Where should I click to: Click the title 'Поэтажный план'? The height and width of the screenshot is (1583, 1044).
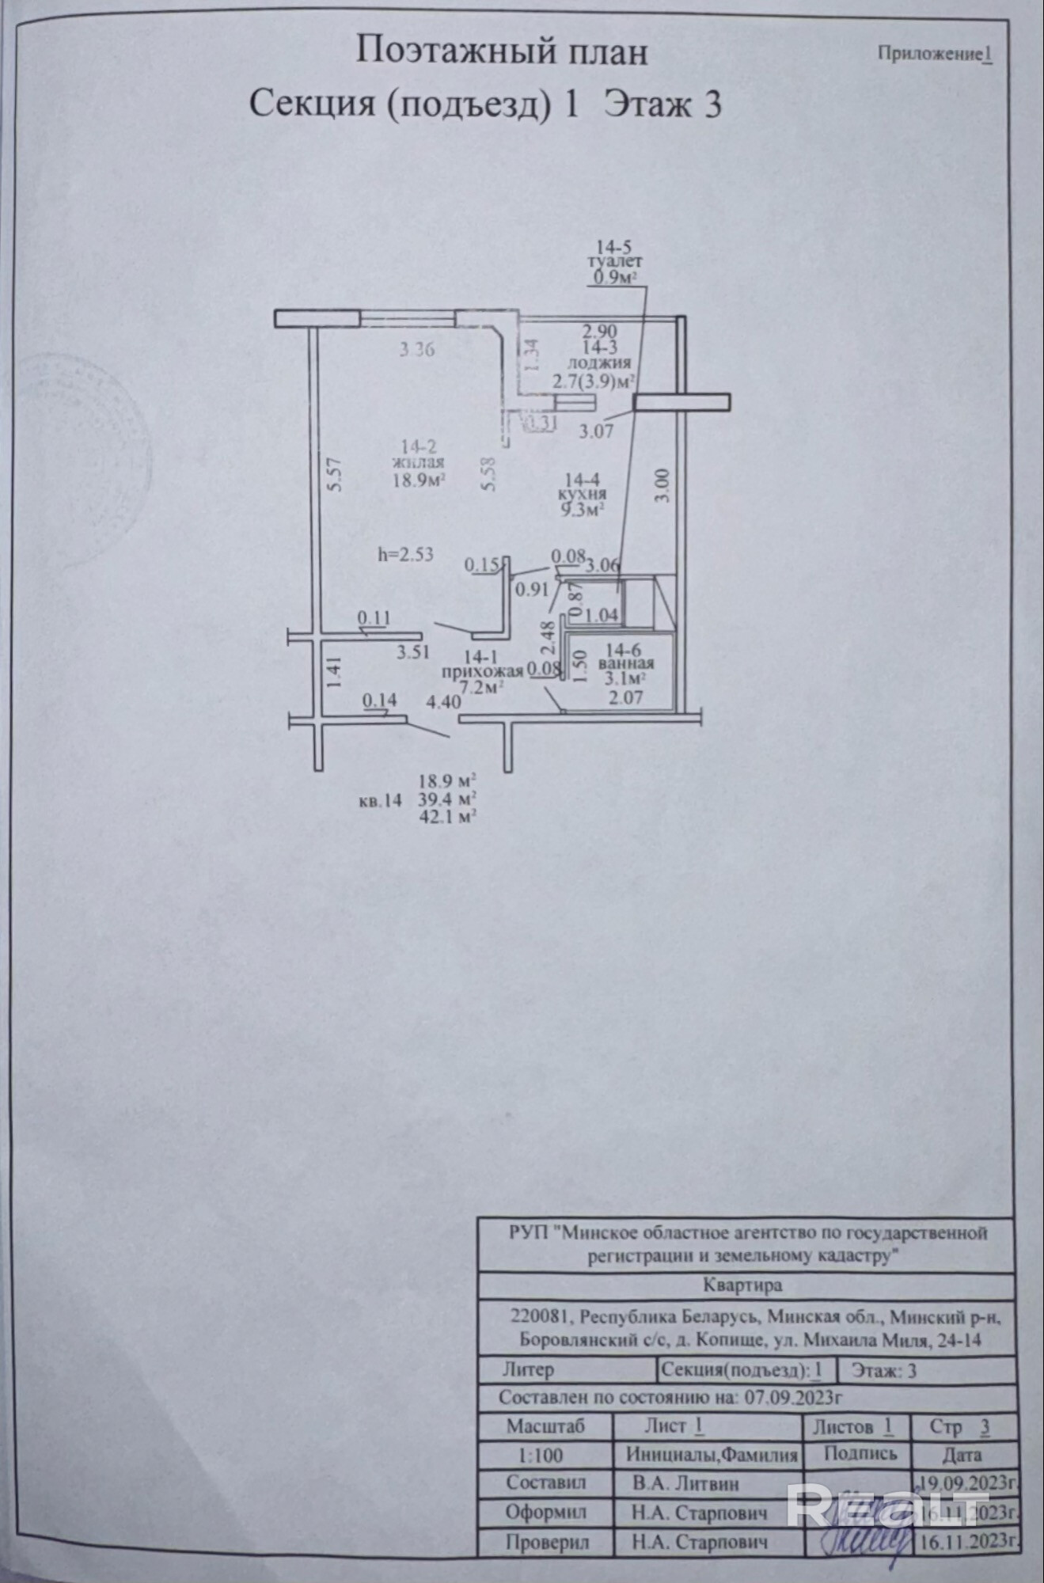click(501, 52)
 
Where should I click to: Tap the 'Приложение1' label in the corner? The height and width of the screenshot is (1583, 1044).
click(934, 54)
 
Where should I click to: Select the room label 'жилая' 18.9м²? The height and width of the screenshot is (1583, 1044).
click(417, 463)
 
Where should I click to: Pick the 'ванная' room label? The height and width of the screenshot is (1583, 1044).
click(626, 663)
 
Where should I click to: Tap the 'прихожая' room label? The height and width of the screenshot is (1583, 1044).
click(482, 671)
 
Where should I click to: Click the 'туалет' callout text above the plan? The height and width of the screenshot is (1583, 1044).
click(615, 260)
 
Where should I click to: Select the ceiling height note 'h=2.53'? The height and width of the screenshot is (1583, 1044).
click(406, 553)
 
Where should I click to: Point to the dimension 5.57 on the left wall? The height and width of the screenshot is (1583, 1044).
click(334, 476)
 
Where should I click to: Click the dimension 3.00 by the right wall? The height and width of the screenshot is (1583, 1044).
click(662, 485)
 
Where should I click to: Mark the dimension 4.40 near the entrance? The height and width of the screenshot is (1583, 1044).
click(443, 701)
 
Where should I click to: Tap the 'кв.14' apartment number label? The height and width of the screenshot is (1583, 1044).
click(380, 800)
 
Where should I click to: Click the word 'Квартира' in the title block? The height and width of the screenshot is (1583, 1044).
click(742, 1285)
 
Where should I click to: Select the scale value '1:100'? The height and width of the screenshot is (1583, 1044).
click(541, 1455)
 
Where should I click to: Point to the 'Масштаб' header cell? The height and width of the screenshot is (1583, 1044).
click(545, 1426)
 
